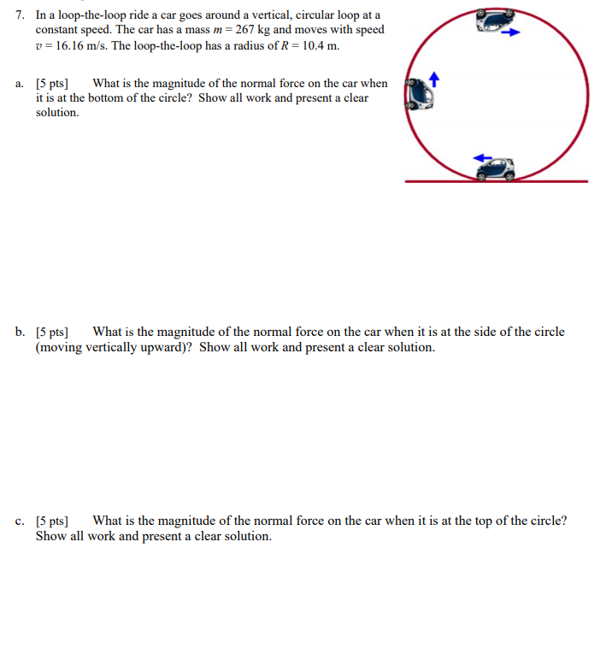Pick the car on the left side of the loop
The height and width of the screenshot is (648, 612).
[x=419, y=93]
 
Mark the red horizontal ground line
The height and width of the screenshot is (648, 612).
[x=497, y=181]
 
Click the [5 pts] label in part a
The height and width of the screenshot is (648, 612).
[x=52, y=84]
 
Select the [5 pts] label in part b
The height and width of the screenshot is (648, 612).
[x=52, y=332]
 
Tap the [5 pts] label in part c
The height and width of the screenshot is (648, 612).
[x=52, y=521]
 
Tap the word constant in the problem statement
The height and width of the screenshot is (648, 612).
[x=56, y=30]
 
